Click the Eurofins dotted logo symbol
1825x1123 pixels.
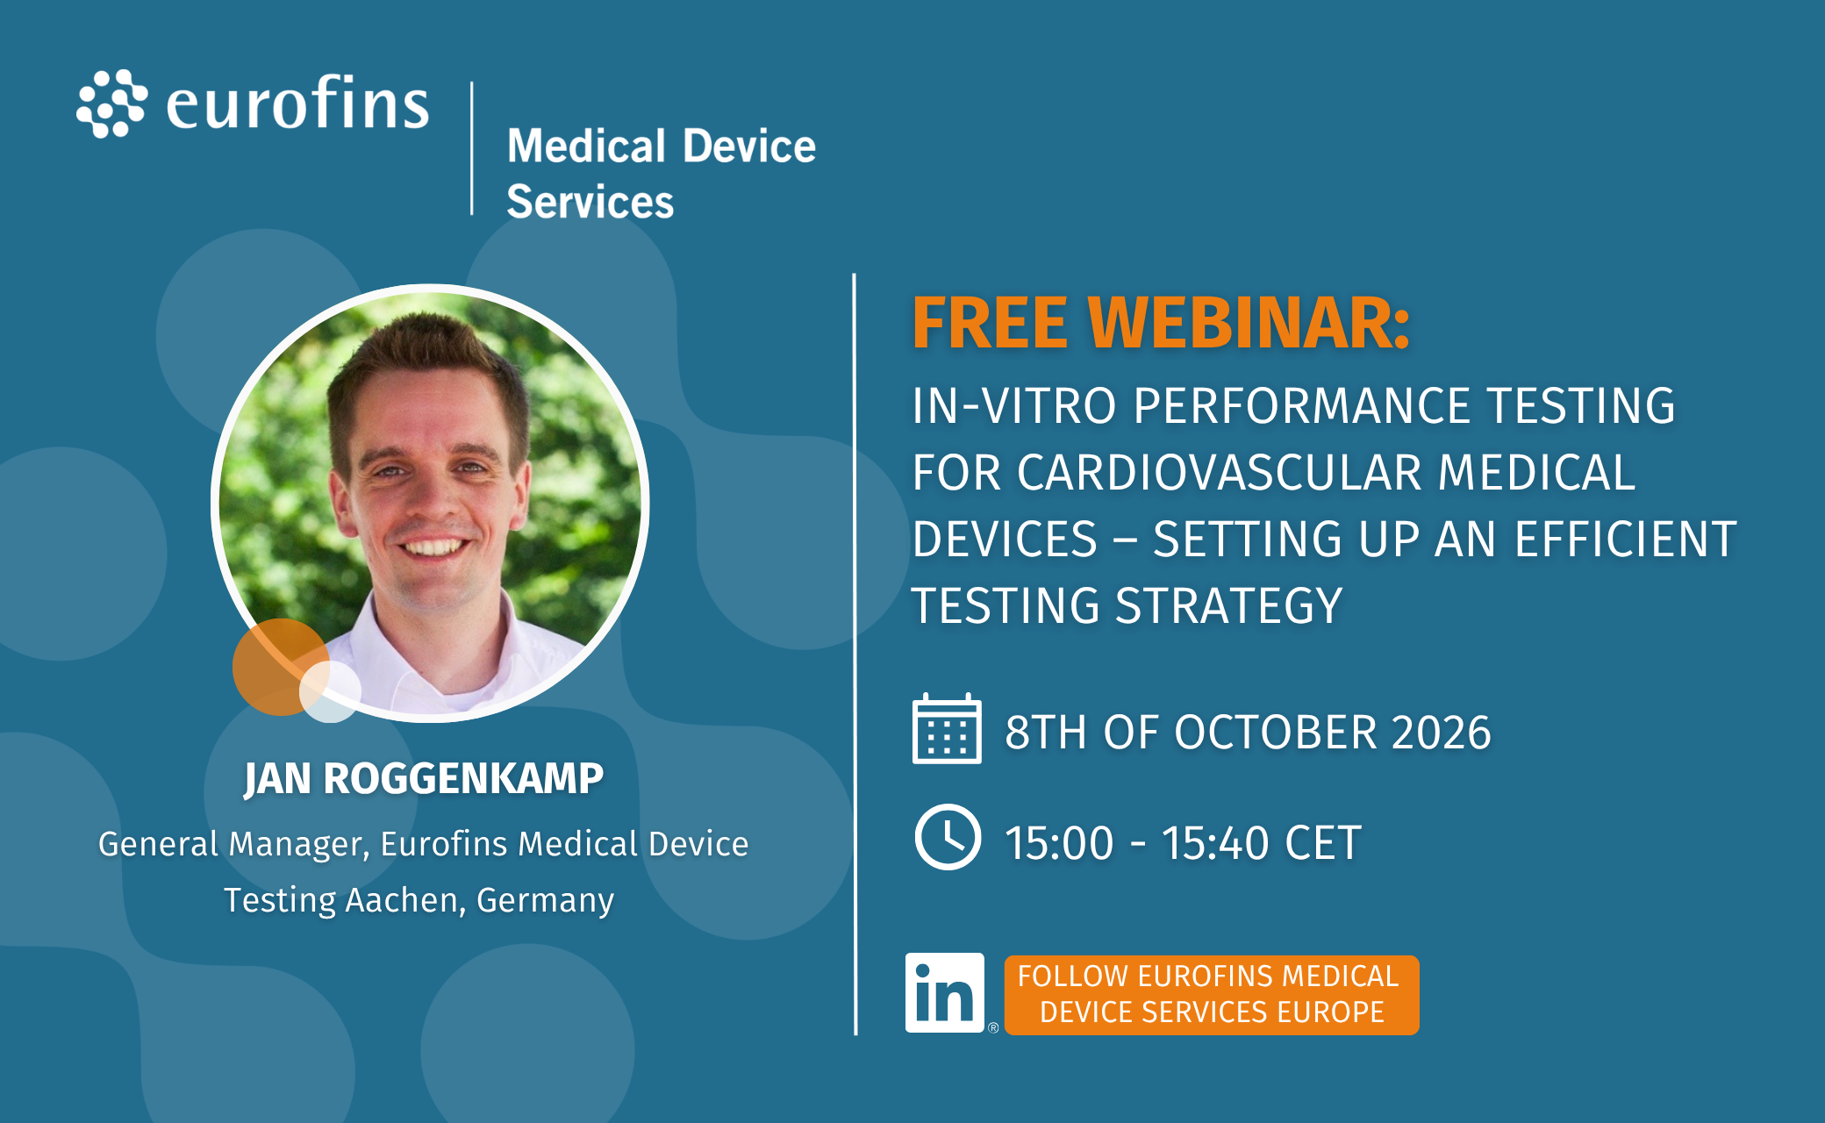pyautogui.click(x=111, y=104)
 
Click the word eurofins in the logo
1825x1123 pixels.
pyautogui.click(x=297, y=104)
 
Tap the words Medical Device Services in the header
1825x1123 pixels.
pyautogui.click(x=662, y=173)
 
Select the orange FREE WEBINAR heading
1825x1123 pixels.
pyautogui.click(x=1161, y=322)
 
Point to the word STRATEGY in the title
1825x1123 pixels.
pyautogui.click(x=1228, y=605)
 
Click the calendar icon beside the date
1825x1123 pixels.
pyautogui.click(x=947, y=729)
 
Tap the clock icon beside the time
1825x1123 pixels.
pyautogui.click(x=948, y=837)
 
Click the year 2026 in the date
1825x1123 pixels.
pyautogui.click(x=1441, y=732)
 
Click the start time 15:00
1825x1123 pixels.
pyautogui.click(x=1059, y=843)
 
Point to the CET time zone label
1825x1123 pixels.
pyautogui.click(x=1323, y=843)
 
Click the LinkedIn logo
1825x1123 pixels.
pyautogui.click(x=945, y=993)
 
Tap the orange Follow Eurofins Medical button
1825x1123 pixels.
pyautogui.click(x=1212, y=995)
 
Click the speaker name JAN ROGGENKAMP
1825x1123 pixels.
pyautogui.click(x=424, y=778)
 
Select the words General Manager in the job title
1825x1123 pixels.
pyautogui.click(x=233, y=844)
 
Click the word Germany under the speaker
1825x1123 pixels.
pyautogui.click(x=545, y=900)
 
